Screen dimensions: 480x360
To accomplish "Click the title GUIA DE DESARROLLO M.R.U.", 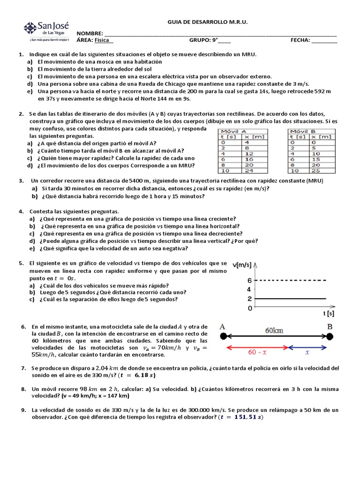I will pyautogui.click(x=207, y=22).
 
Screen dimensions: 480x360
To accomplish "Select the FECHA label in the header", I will pyautogui.click(x=300, y=40).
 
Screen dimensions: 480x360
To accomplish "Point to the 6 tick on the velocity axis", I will pyautogui.click(x=249, y=280).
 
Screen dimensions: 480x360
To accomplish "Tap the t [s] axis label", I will pyautogui.click(x=329, y=313).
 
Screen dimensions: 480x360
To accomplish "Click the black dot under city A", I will pyautogui.click(x=223, y=336).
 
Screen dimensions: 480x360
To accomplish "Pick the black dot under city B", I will pyautogui.click(x=330, y=336).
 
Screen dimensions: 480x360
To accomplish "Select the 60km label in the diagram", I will pyautogui.click(x=274, y=330).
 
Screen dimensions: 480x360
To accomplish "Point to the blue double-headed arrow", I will pyautogui.click(x=309, y=347).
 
